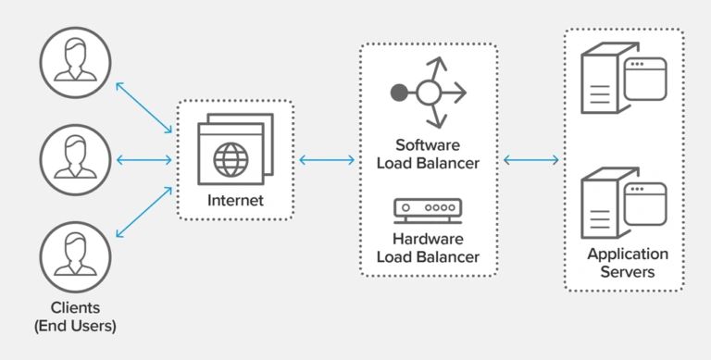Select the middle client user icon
pos(75,158)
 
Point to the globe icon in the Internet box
pos(231,158)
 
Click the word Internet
pos(234,200)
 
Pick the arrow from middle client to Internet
pos(144,159)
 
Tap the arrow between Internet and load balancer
pos(327,159)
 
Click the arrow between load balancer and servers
pos(531,159)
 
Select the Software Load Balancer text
pos(428,155)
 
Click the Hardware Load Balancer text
pos(428,248)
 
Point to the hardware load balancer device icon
pos(428,209)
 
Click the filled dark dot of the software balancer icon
pos(399,93)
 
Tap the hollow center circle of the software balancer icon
pos(428,93)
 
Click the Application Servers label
pos(627,263)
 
